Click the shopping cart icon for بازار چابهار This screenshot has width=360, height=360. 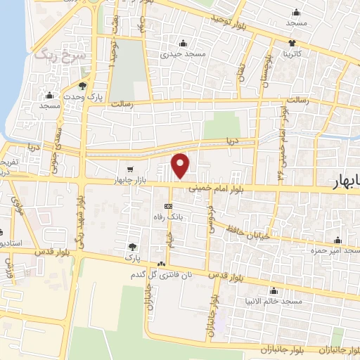point(130,169)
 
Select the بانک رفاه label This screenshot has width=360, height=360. point(169,217)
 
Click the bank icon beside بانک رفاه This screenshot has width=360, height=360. point(168,206)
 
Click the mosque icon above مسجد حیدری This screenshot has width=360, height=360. point(183,43)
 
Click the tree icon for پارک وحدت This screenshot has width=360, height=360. point(83,86)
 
